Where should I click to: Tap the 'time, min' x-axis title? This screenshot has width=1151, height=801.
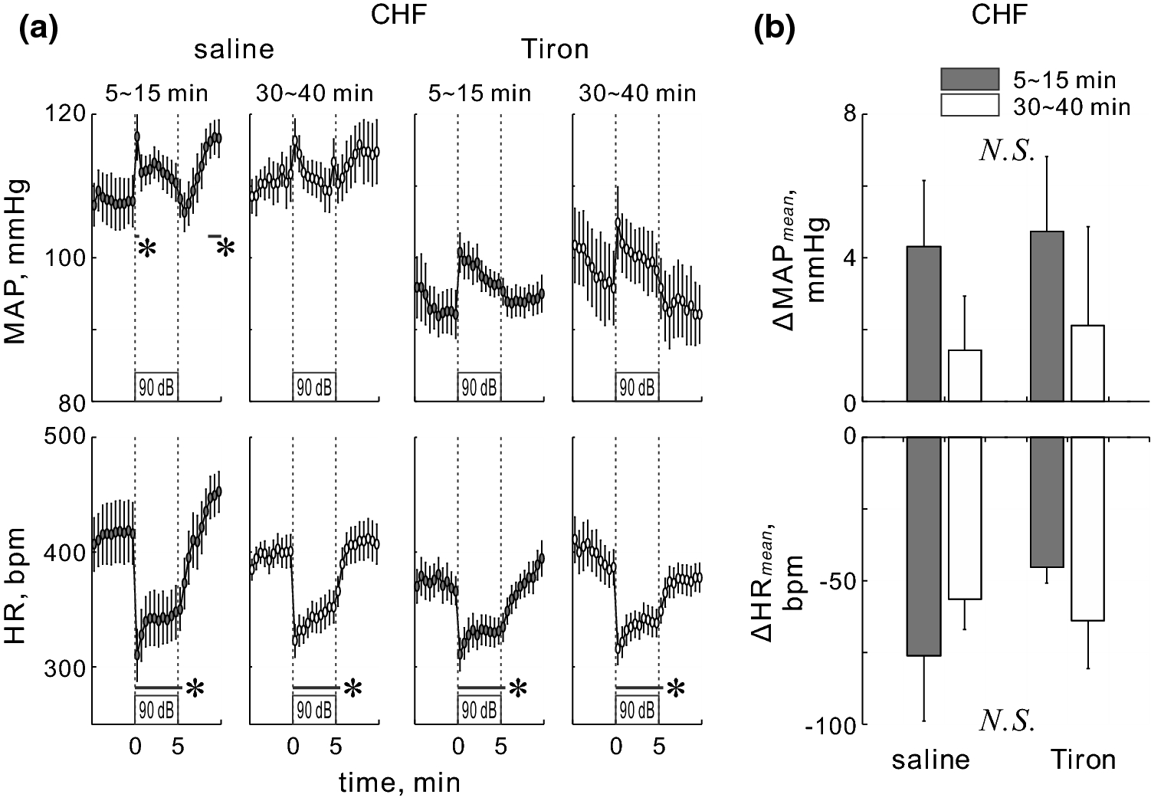400,781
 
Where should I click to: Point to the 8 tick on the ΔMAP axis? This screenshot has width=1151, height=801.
849,114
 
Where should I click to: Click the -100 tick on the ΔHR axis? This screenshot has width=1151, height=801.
831,724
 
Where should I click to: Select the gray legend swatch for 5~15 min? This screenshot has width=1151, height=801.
969,79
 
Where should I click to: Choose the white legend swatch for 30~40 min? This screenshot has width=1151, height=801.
969,105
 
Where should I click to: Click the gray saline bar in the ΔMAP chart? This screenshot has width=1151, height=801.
924,323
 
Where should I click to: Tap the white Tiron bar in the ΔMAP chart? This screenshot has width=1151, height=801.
1087,363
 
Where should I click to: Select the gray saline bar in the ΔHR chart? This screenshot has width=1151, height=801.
924,547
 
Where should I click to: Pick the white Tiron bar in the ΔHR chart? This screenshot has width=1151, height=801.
1087,529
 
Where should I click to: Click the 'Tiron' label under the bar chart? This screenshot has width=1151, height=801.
1080,760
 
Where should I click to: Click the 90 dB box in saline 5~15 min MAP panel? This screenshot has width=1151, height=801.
156,387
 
